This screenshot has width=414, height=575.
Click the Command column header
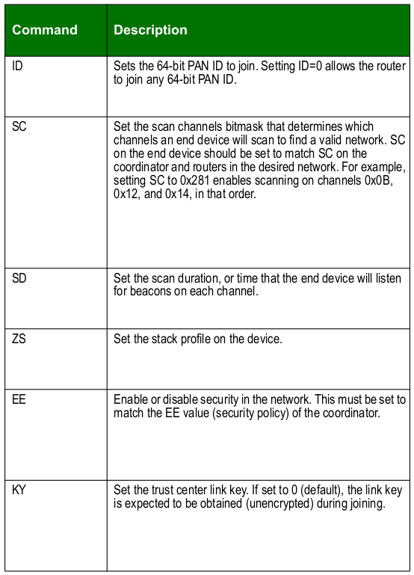pos(45,31)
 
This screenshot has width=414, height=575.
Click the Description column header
pos(150,31)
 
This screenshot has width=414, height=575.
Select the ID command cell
pos(19,65)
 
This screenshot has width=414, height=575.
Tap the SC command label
pos(20,126)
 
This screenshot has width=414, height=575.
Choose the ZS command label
pos(20,339)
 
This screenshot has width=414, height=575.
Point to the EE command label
pos(20,400)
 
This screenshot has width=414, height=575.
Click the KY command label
pos(20,490)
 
